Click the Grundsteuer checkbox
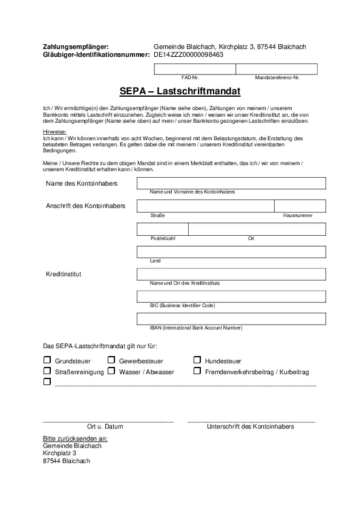point(47,360)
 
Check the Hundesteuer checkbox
point(197,360)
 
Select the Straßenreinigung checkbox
point(47,371)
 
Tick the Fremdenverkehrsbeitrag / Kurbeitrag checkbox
point(197,371)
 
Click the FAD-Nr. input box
point(194,68)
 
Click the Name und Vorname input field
point(231,183)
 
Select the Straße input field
point(206,206)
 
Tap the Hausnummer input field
point(300,206)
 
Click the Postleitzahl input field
point(163,229)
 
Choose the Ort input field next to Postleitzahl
point(257,229)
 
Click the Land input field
point(231,252)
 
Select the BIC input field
point(231,296)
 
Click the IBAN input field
point(231,319)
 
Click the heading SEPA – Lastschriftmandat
point(180,92)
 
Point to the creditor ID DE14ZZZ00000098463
point(188,54)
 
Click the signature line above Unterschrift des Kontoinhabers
point(250,419)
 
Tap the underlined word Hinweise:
point(54,132)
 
